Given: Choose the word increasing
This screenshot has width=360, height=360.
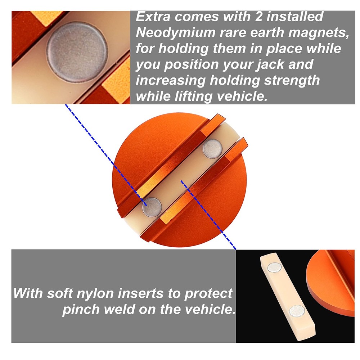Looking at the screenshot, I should [172, 81].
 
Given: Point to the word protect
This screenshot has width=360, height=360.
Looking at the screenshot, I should [208, 293].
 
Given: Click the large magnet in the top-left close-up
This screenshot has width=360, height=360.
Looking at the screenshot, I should [77, 51].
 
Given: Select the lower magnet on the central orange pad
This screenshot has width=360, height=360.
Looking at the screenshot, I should [152, 207].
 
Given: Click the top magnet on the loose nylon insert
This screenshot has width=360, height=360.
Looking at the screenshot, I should [274, 267].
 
